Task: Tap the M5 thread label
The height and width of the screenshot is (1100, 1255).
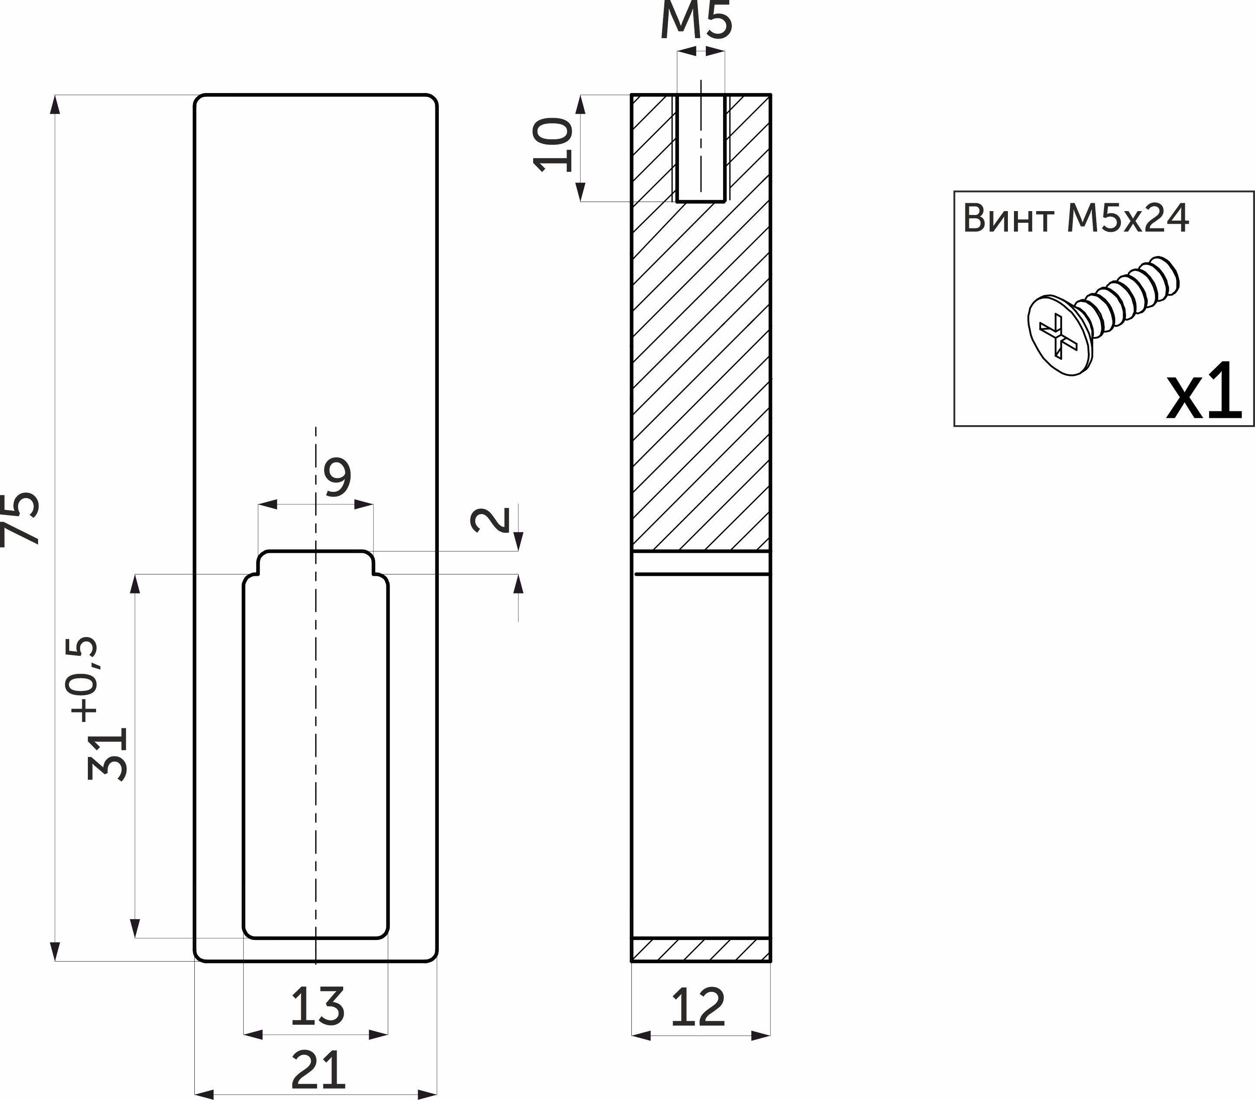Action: pyautogui.click(x=697, y=20)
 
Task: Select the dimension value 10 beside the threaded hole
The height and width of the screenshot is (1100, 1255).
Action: pyautogui.click(x=553, y=145)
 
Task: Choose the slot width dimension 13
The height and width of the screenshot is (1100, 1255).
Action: pyautogui.click(x=317, y=1007)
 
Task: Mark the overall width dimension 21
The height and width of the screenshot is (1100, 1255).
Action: pyautogui.click(x=318, y=1069)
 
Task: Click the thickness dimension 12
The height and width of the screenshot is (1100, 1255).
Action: pyautogui.click(x=698, y=1007)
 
